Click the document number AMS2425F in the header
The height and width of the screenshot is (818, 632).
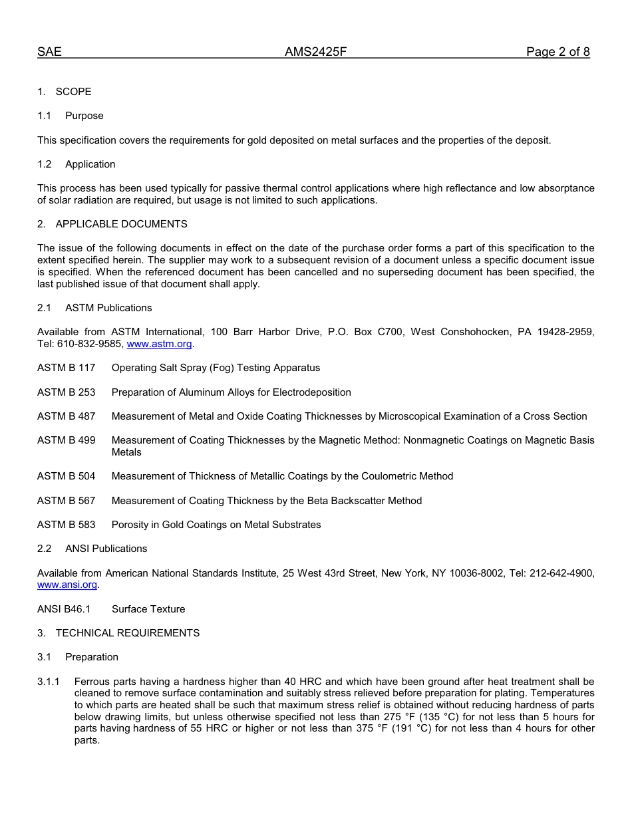click(x=315, y=52)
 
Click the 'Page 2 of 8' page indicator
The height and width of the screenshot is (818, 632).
click(x=557, y=52)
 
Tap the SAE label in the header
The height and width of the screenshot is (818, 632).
click(x=49, y=52)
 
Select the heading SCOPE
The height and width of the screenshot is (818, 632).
click(x=73, y=92)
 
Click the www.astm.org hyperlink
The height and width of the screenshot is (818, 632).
click(x=159, y=344)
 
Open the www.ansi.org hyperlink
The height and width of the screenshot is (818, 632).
click(x=67, y=585)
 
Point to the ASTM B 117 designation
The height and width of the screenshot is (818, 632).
click(x=66, y=368)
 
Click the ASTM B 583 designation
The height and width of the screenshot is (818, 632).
click(x=66, y=525)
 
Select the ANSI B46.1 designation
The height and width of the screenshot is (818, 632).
click(x=64, y=609)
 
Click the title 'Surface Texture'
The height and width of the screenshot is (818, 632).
click(x=148, y=609)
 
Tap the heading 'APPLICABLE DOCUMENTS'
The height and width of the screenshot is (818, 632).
click(x=121, y=224)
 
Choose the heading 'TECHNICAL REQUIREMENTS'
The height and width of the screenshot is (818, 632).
click(x=127, y=633)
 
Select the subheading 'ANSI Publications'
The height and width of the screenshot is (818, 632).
click(x=106, y=549)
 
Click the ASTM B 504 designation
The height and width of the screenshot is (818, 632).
click(x=66, y=476)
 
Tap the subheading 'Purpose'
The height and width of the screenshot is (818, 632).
click(x=84, y=116)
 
